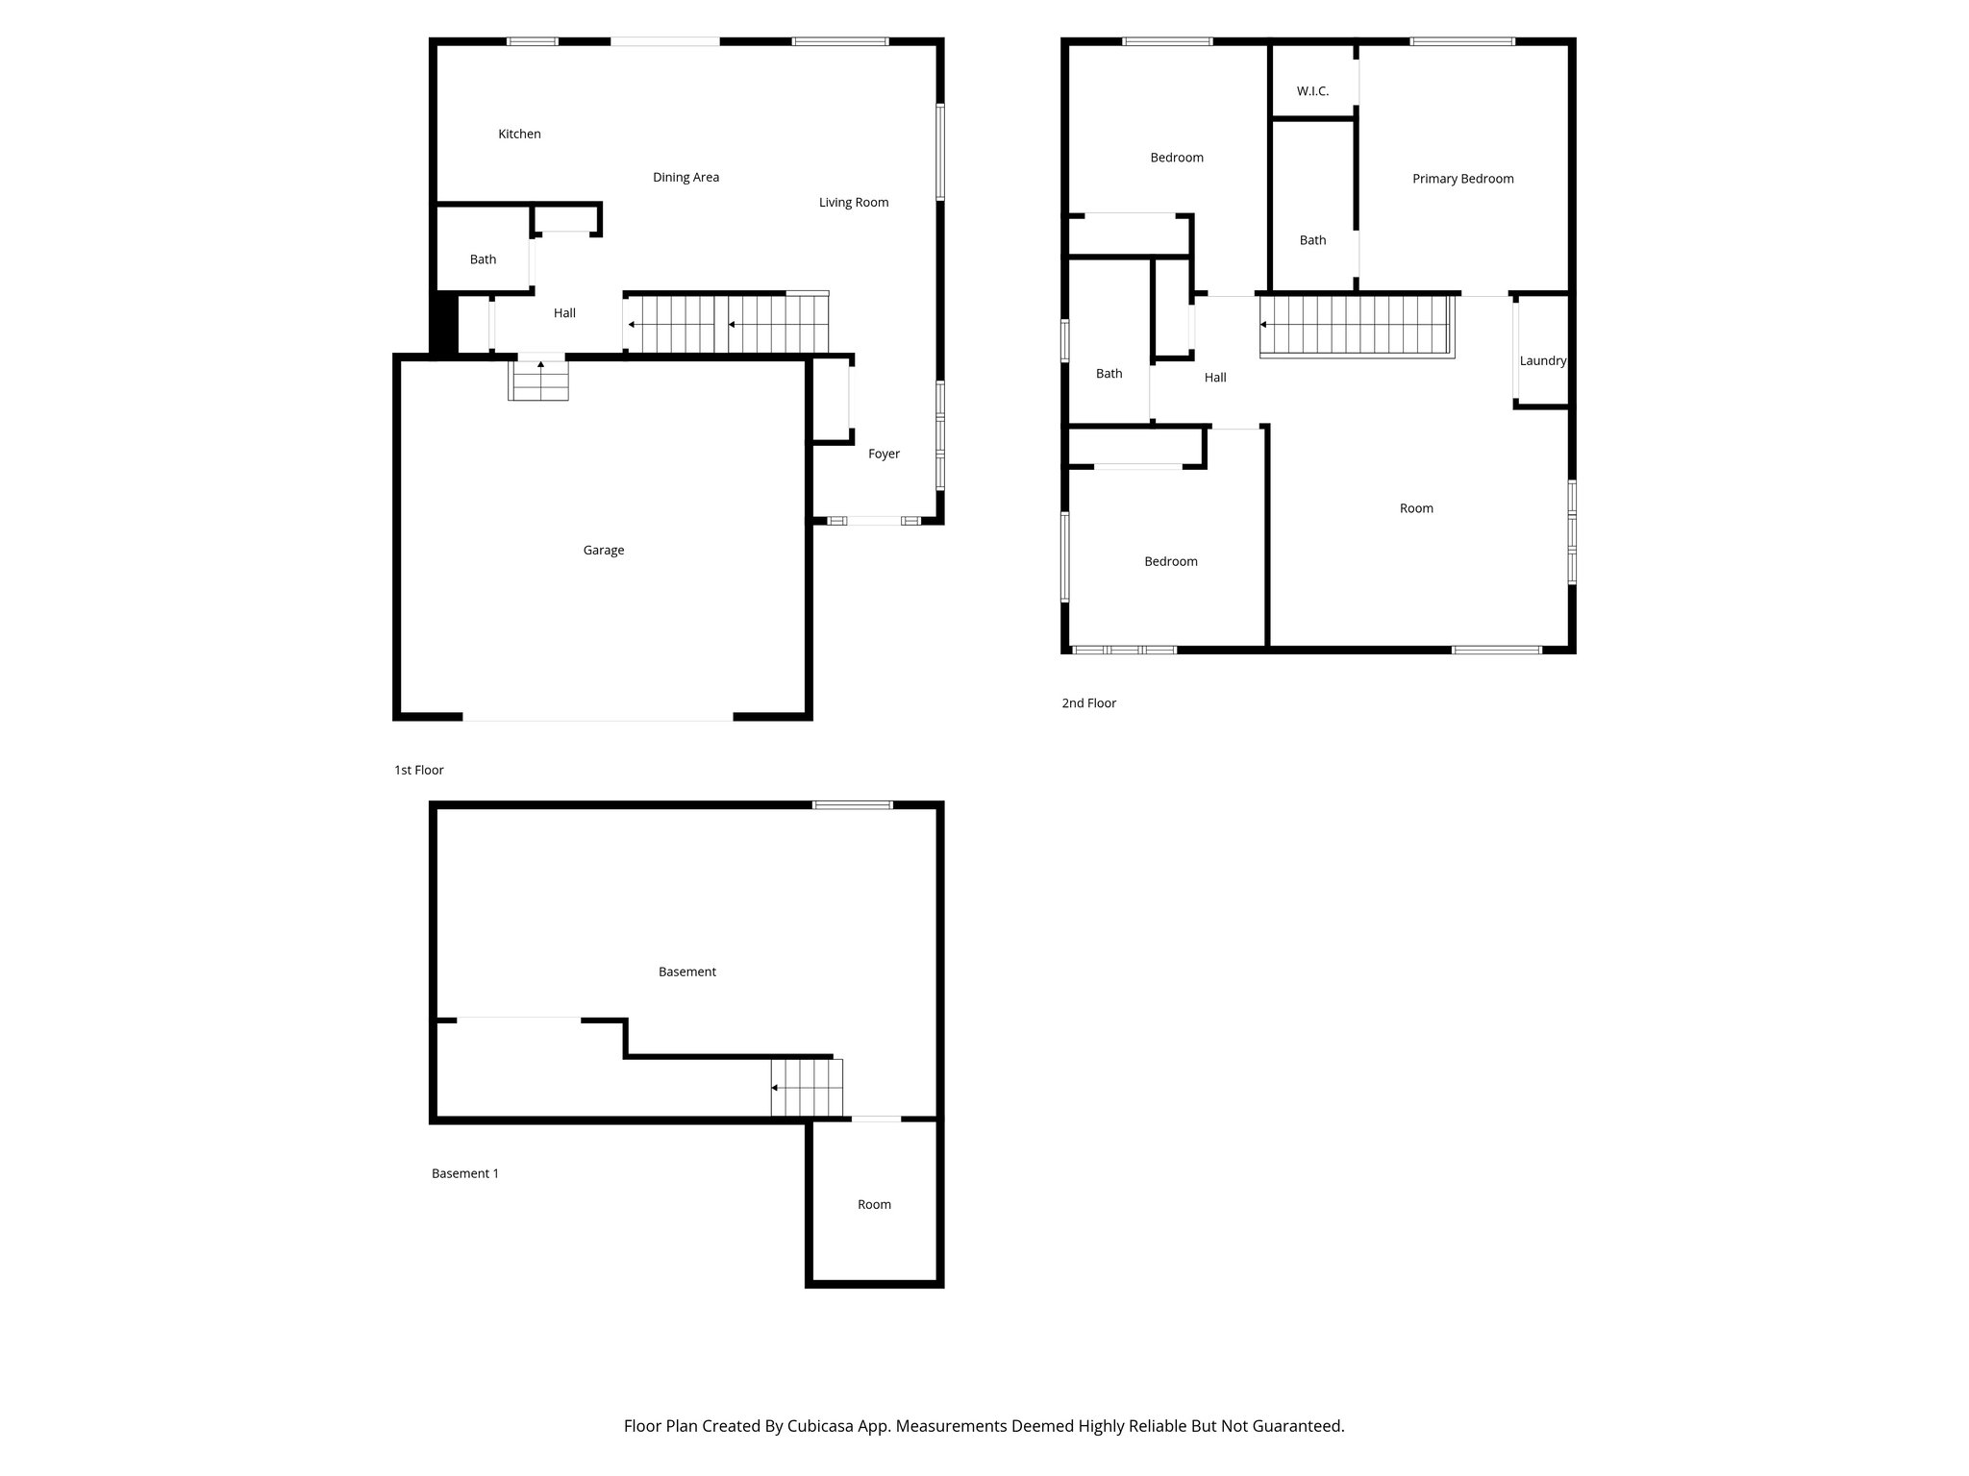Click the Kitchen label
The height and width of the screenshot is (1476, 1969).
pos(519,134)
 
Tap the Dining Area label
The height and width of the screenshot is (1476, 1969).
pos(685,177)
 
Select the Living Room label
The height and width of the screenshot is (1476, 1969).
pos(853,202)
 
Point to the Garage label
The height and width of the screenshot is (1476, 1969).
pos(603,550)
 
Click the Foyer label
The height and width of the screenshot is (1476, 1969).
pos(884,454)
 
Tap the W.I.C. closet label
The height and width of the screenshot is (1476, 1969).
pos(1312,91)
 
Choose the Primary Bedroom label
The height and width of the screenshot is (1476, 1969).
pos(1462,179)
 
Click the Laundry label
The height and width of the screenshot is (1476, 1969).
pos(1542,360)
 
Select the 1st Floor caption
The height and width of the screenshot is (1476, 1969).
pos(418,770)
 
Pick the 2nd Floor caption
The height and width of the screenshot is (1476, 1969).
pos(1088,702)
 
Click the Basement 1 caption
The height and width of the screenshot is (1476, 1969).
pos(464,1173)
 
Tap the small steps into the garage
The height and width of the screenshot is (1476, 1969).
pos(538,379)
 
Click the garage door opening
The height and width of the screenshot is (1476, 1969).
pos(597,717)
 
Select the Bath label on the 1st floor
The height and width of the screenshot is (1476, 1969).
pos(483,259)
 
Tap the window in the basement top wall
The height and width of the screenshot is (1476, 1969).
pos(852,805)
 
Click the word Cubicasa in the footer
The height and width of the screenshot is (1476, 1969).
pos(821,1426)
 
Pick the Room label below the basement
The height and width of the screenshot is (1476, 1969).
pos(874,1204)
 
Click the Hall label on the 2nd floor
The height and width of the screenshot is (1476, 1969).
pos(1214,378)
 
